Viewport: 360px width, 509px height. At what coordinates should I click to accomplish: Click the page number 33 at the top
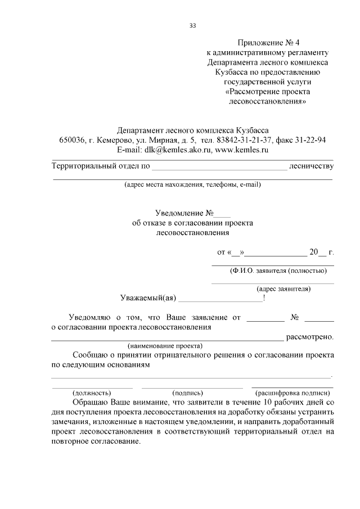click(x=193, y=25)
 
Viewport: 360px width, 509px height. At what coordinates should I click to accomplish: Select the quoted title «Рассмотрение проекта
click(x=267, y=92)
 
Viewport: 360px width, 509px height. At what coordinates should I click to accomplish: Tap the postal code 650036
click(x=72, y=140)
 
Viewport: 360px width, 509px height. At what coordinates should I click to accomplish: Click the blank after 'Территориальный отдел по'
click(x=219, y=167)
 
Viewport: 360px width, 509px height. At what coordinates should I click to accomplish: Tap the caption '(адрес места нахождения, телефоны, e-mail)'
click(x=193, y=184)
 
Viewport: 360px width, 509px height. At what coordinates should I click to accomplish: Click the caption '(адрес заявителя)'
click(x=283, y=289)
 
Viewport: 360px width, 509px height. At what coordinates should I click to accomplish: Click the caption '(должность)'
click(x=92, y=393)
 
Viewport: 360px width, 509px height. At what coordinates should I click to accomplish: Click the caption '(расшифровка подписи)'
click(x=292, y=393)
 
